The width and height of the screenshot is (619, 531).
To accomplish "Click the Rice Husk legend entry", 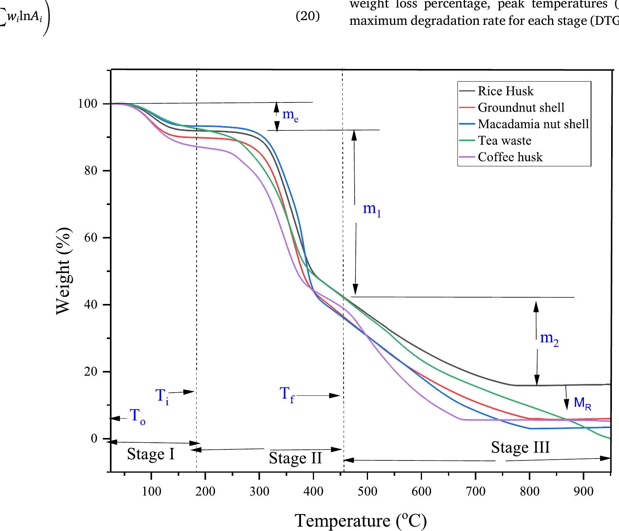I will coord(506,91).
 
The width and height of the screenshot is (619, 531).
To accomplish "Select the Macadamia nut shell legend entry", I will coord(533,124).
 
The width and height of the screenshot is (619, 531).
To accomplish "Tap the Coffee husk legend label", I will coord(510,157).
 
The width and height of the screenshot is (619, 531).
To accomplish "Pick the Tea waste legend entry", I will coord(504,141).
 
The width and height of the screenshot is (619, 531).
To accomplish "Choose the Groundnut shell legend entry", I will coord(521,108).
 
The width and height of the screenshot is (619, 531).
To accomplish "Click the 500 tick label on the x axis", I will coord(367,491).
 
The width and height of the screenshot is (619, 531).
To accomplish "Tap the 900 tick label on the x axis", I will coord(584,491).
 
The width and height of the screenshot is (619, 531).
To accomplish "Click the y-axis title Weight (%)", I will coord(64,271).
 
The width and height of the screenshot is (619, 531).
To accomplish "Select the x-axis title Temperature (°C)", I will coord(361,520).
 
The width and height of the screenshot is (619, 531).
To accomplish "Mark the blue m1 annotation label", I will coord(372,209).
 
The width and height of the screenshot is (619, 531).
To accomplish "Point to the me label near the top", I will coord(290,116).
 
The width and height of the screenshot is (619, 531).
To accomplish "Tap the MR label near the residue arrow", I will coord(582,403).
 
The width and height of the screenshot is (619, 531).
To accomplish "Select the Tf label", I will coord(287,394).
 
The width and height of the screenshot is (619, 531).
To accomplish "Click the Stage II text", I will coord(295,458).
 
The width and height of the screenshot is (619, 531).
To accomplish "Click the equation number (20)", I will coord(308,17).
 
